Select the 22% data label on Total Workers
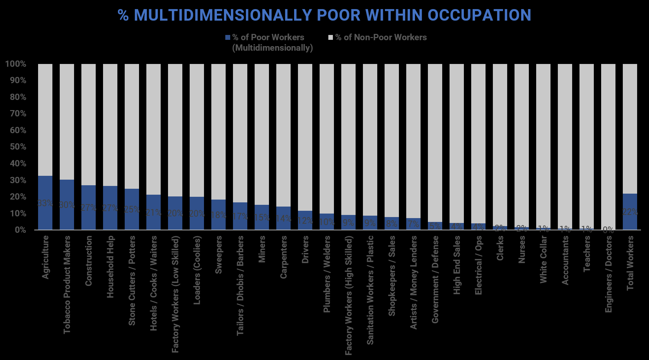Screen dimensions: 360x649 (630, 212)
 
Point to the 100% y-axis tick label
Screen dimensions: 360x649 (16, 64)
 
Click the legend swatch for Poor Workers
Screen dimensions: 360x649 (228, 37)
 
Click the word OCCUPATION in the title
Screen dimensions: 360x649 (479, 15)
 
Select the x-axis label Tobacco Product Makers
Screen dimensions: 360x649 (67, 285)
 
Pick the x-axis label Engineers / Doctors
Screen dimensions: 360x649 (608, 274)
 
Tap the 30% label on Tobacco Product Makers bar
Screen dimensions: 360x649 (67, 205)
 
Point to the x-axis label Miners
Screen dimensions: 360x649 (262, 249)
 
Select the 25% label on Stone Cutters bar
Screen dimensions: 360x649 (132, 209)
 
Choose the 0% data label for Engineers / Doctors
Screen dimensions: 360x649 (608, 230)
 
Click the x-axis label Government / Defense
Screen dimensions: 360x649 (435, 279)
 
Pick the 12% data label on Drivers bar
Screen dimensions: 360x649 (305, 221)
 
